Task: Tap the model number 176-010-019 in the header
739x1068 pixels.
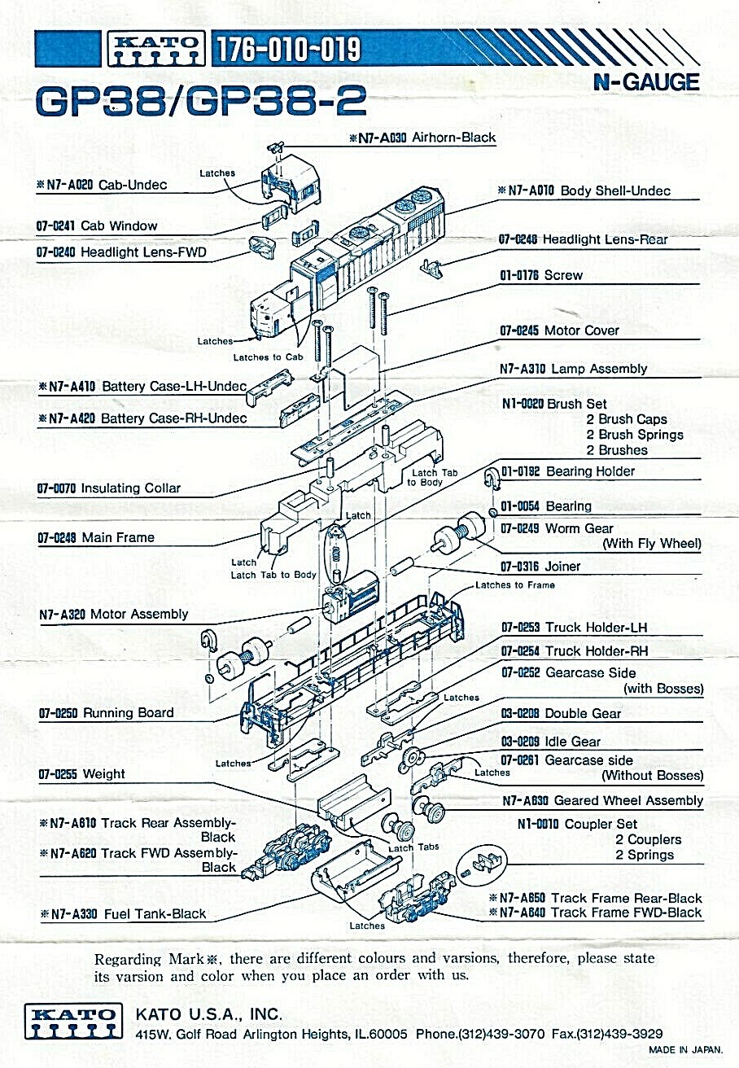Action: tap(288, 49)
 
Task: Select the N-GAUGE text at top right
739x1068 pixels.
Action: tap(646, 82)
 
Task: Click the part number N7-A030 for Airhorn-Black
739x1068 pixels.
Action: tap(378, 138)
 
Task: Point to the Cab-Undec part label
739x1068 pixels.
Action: tap(132, 185)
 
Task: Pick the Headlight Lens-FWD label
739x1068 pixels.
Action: tap(143, 252)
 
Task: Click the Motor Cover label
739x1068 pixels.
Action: tap(581, 330)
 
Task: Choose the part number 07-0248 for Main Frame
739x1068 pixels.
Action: tap(56, 538)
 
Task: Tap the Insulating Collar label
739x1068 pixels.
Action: tap(131, 488)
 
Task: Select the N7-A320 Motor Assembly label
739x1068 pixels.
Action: tap(113, 614)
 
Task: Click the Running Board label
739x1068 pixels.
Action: tap(129, 713)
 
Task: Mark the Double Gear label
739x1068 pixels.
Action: tap(583, 713)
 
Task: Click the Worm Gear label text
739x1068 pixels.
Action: tap(579, 528)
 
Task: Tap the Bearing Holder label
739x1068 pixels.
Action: tap(590, 471)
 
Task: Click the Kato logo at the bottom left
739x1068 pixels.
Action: tap(73, 1022)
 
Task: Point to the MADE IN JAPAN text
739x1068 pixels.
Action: tap(685, 1049)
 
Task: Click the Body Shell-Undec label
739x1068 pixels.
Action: tap(615, 190)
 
